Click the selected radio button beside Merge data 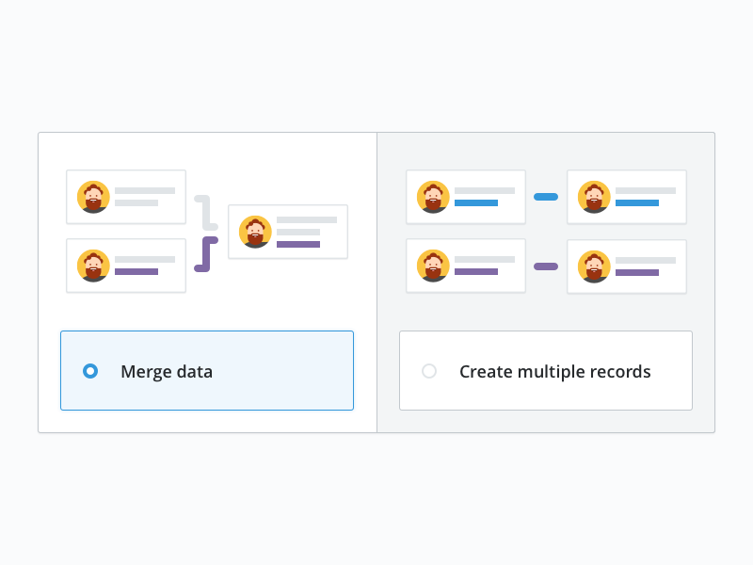(x=90, y=371)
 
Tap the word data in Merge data (x=194, y=372)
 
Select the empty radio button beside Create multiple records (x=429, y=371)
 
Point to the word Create (x=486, y=372)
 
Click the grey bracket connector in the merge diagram (x=206, y=212)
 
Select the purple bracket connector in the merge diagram (x=205, y=255)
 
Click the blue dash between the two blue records (x=546, y=197)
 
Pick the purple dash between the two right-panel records (x=546, y=266)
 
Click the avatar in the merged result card (x=255, y=232)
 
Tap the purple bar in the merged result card (x=298, y=244)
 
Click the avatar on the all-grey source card (x=93, y=197)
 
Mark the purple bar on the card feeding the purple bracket (x=136, y=271)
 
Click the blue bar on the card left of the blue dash (x=476, y=202)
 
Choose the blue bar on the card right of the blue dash (x=637, y=202)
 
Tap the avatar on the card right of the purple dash (x=594, y=266)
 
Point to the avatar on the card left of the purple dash (x=433, y=266)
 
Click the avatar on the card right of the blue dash (x=594, y=197)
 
